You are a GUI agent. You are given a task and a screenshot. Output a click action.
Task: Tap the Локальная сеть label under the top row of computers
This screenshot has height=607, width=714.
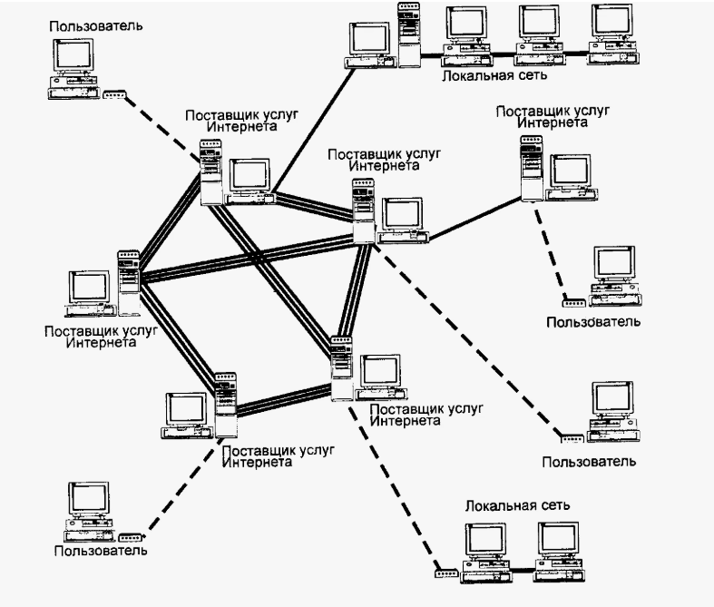click(480, 76)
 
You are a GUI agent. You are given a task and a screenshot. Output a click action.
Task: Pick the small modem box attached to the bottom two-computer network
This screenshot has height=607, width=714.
click(445, 572)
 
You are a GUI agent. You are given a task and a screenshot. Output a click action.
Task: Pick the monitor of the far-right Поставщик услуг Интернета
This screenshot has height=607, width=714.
click(571, 171)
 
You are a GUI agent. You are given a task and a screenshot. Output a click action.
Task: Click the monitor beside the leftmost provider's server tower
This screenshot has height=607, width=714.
click(92, 289)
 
